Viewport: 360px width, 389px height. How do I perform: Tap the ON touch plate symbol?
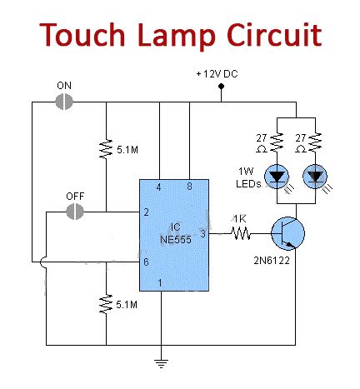pyautogui.click(x=64, y=102)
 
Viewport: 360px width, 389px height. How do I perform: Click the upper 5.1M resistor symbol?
pyautogui.click(x=107, y=150)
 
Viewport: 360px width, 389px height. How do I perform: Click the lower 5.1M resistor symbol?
pyautogui.click(x=107, y=303)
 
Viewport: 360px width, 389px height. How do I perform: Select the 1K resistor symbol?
pyautogui.click(x=242, y=236)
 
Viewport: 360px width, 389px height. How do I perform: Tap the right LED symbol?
pyautogui.click(x=315, y=176)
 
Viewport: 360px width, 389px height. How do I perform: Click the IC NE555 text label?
pyautogui.click(x=174, y=226)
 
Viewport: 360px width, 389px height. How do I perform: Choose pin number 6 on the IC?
pyautogui.click(x=147, y=262)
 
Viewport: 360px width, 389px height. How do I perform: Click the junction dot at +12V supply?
pyautogui.click(x=220, y=102)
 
